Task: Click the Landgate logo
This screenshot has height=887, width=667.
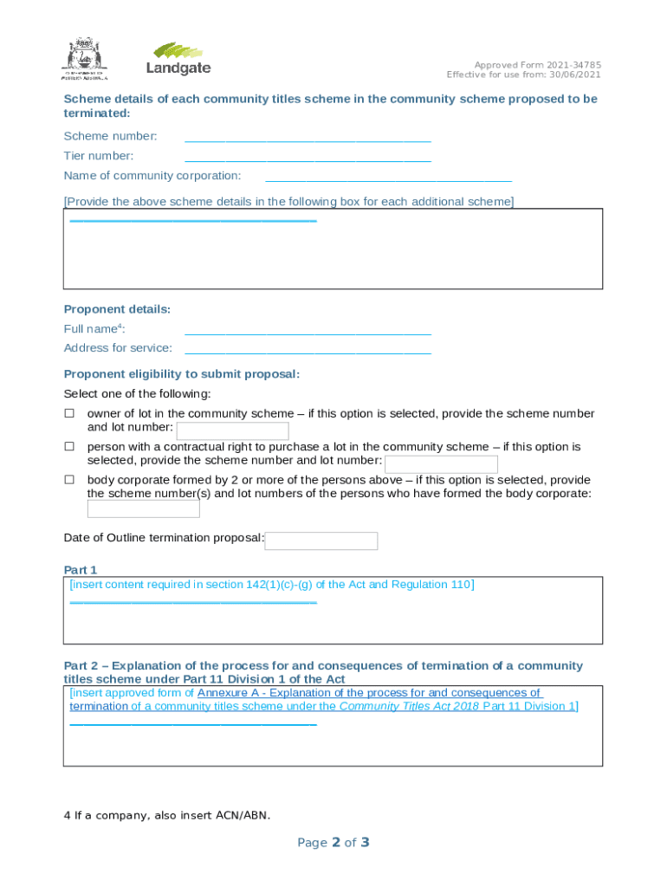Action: pos(178,58)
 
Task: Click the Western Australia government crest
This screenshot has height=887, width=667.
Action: pos(84,58)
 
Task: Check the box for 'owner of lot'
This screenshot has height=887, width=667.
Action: pos(69,414)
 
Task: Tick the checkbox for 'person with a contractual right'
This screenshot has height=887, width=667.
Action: pos(69,447)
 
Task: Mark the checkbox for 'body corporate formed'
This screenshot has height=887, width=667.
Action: pos(69,480)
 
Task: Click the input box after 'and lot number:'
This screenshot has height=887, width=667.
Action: pos(232,431)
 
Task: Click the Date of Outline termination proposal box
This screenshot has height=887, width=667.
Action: pos(321,541)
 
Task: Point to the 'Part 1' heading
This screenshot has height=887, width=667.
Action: pos(81,570)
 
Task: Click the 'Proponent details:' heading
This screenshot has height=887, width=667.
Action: pos(117,310)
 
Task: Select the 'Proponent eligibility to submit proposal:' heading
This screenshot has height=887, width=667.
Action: pos(182,374)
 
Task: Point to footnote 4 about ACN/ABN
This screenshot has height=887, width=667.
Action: pos(166,815)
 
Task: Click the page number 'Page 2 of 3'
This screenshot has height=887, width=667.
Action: pos(333,842)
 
